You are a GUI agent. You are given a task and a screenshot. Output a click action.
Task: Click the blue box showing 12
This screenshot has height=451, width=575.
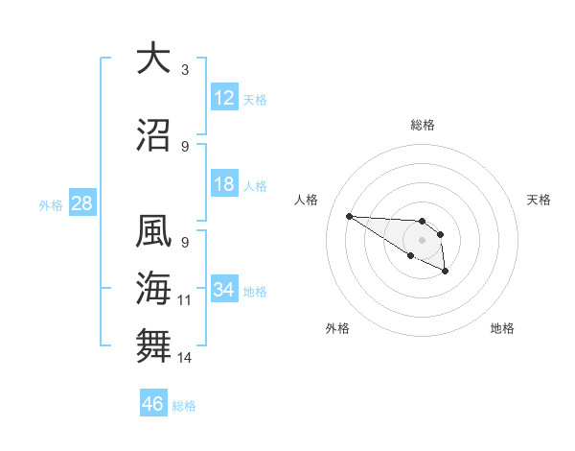click(223, 98)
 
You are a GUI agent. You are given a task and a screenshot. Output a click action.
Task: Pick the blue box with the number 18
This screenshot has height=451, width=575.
click(223, 185)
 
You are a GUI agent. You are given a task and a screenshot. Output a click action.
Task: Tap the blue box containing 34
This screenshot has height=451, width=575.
click(223, 290)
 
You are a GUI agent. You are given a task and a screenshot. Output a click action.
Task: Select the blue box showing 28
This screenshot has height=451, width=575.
click(80, 202)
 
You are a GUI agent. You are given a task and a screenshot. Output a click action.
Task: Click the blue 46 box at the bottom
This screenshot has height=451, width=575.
click(153, 404)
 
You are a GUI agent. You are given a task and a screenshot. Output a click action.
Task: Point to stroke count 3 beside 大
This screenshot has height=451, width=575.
click(185, 70)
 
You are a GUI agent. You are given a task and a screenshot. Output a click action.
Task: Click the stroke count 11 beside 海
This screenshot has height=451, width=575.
click(185, 300)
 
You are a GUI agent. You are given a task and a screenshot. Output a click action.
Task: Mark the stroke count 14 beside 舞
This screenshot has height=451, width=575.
click(185, 358)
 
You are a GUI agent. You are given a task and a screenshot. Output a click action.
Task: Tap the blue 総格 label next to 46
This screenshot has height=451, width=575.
click(184, 406)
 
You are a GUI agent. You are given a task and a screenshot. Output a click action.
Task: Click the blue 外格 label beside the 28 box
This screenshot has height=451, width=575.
click(51, 204)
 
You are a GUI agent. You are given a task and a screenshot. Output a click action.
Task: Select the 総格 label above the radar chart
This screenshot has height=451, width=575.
click(423, 125)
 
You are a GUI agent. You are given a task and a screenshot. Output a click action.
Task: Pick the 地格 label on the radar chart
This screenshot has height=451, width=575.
click(502, 328)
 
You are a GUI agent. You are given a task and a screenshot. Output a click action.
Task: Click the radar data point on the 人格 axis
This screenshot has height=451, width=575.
click(349, 216)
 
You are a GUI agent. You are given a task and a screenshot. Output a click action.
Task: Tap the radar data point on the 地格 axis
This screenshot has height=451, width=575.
click(446, 273)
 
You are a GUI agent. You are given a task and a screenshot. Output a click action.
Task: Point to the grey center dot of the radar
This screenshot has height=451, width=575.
click(422, 239)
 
